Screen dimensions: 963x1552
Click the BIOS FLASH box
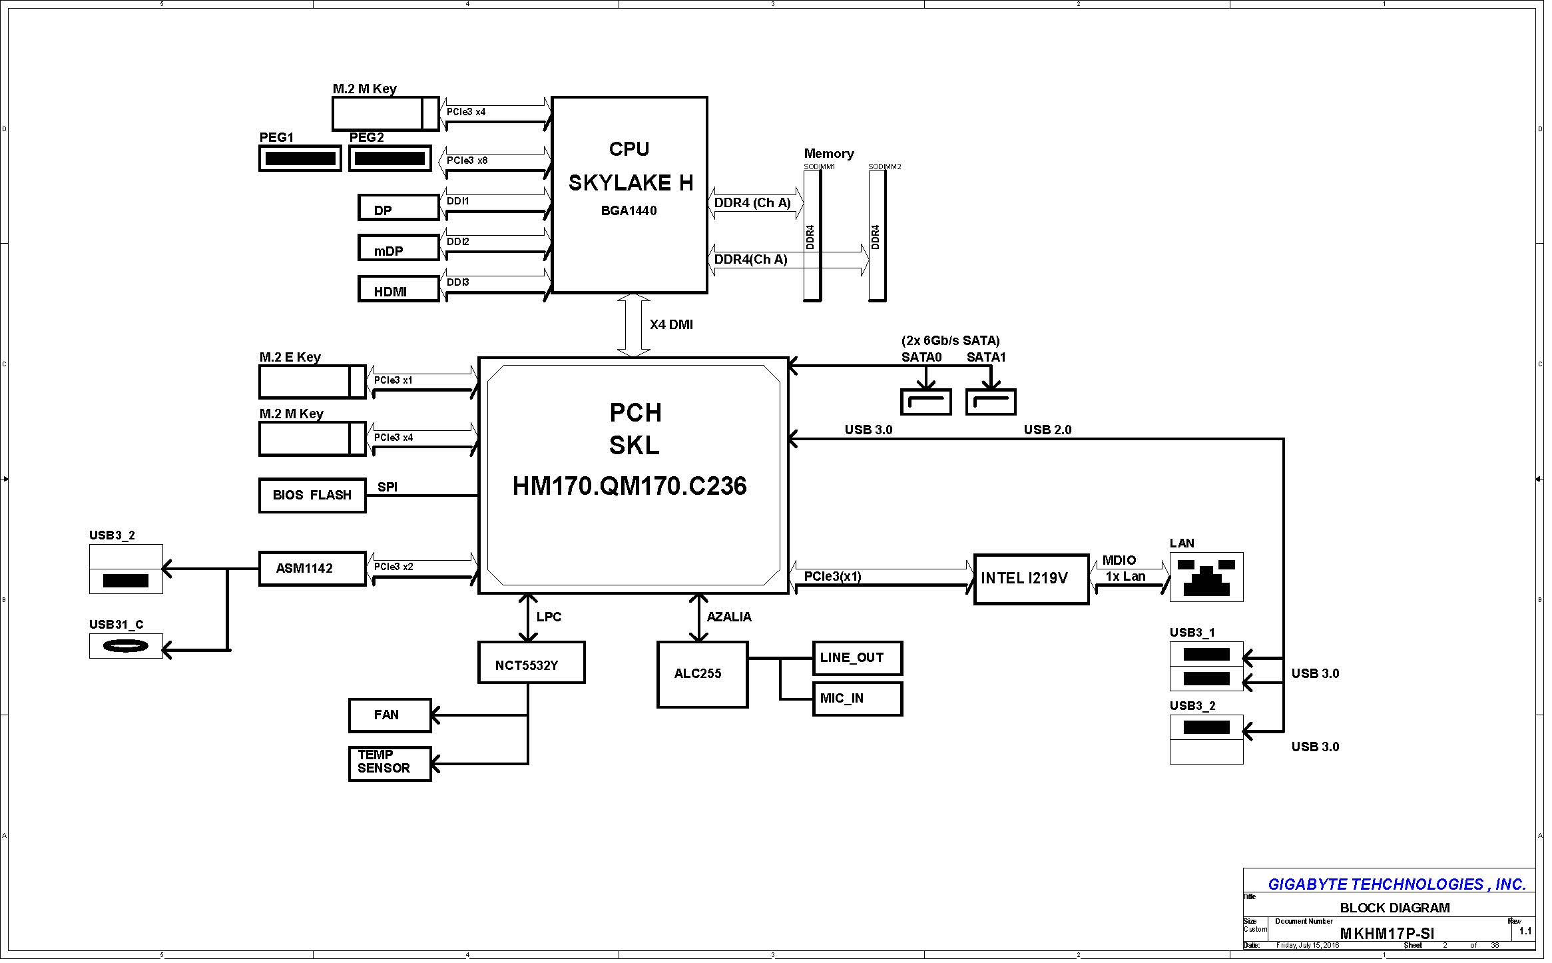312,495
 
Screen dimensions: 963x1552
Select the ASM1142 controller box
312,569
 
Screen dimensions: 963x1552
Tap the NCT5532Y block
531,663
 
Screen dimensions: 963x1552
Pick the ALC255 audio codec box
702,674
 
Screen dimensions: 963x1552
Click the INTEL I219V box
1031,579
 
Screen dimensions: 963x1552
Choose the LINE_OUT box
857,658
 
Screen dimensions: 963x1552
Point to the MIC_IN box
857,699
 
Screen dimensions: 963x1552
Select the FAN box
389,715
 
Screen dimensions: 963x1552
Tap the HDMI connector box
398,289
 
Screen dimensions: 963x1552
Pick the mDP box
398,248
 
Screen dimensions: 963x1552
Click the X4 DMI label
671,325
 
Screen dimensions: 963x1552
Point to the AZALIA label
729,617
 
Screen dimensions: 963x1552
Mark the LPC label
549,617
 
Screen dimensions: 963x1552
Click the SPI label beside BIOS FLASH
388,487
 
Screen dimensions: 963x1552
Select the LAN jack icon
1206,577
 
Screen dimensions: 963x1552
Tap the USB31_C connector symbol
126,646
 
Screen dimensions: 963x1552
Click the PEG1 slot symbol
300,159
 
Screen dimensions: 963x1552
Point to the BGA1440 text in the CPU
629,211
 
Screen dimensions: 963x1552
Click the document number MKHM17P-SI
1386,934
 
